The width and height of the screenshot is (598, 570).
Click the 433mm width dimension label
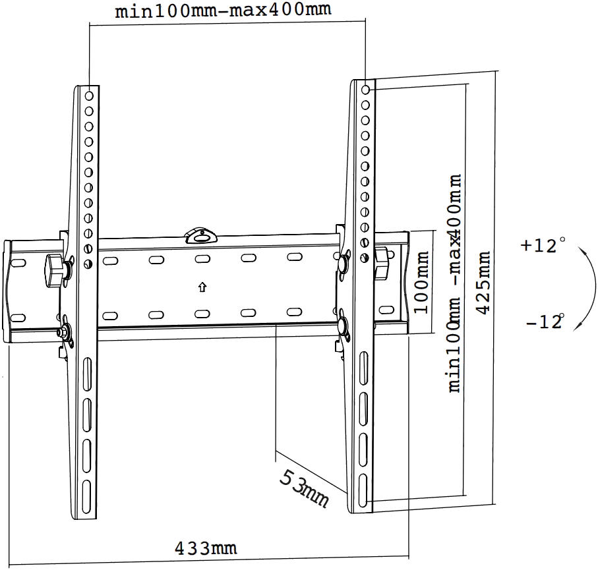click(x=205, y=548)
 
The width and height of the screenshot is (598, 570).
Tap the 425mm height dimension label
click(x=483, y=282)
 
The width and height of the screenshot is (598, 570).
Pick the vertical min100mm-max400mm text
click(x=455, y=283)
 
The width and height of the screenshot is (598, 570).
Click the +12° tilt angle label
click(x=539, y=246)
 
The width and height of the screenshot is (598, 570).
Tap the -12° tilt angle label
click(x=545, y=322)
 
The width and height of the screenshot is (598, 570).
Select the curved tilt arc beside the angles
click(x=583, y=285)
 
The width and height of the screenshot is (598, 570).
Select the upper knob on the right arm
click(x=344, y=261)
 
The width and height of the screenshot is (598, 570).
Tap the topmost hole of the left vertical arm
click(x=88, y=96)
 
